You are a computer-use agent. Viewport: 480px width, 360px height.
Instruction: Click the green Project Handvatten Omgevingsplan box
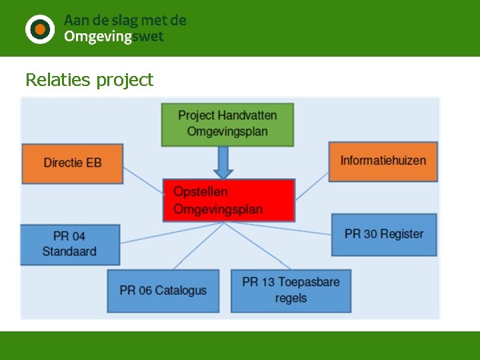pos(227,124)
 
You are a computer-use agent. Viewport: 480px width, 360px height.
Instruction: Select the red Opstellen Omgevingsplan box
pos(229,200)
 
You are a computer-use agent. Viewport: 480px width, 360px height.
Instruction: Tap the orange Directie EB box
pos(73,163)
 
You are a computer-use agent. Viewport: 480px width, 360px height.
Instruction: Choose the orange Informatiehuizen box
pos(383,161)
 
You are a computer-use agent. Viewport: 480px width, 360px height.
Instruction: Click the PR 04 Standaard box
pos(70,244)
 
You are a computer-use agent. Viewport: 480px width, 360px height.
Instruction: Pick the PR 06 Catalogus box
pos(163,291)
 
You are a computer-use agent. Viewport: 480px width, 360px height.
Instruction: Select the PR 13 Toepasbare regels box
pos(291,290)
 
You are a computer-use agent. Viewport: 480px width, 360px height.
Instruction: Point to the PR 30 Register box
pos(384,234)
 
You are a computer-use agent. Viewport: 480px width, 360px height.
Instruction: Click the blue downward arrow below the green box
pos(223,162)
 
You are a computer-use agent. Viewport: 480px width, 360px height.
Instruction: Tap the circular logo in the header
pos(40,29)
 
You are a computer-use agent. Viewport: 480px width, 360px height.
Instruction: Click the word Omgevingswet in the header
pos(113,37)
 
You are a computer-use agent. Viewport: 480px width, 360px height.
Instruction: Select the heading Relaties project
pos(89,80)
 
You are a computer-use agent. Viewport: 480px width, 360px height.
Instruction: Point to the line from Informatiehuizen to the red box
pos(311,186)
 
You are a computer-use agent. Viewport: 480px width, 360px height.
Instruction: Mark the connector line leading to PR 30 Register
pos(280,227)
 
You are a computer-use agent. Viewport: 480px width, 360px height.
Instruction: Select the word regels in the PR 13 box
pos(291,298)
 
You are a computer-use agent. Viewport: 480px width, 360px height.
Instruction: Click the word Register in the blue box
pos(402,234)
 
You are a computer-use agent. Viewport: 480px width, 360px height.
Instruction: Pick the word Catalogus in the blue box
pos(181,291)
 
